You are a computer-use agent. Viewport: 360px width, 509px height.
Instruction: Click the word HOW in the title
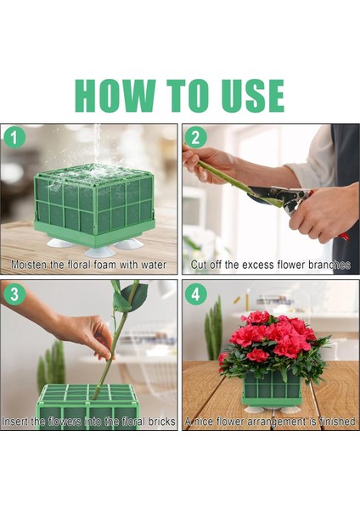pyautogui.click(x=115, y=96)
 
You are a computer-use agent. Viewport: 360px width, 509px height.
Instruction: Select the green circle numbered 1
pyautogui.click(x=14, y=137)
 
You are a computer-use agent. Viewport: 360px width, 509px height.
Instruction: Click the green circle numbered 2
pyautogui.click(x=195, y=137)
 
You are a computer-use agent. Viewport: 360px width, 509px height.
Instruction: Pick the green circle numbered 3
pyautogui.click(x=14, y=294)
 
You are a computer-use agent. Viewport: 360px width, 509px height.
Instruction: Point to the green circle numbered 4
pyautogui.click(x=195, y=294)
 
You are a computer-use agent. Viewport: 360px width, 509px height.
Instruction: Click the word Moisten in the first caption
pyautogui.click(x=29, y=265)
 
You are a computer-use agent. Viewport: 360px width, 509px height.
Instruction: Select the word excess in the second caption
pyautogui.click(x=256, y=265)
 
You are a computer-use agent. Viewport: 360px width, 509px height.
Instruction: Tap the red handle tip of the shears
pyautogui.click(x=345, y=237)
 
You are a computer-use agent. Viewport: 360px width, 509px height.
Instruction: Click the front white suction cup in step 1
pyautogui.click(x=99, y=252)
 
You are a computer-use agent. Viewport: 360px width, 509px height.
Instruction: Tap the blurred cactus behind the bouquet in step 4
pyautogui.click(x=213, y=327)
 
